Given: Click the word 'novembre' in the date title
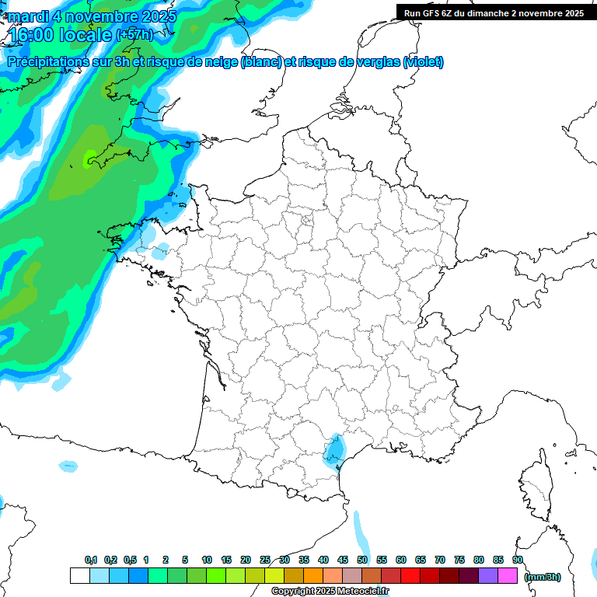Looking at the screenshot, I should pyautogui.click(x=92, y=16).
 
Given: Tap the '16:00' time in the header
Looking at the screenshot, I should pyautogui.click(x=36, y=34).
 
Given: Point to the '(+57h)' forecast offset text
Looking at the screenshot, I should pyautogui.click(x=134, y=34).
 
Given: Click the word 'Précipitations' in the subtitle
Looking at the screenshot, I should pyautogui.click(x=51, y=62).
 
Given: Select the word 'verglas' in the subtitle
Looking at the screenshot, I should pyautogui.click(x=372, y=62).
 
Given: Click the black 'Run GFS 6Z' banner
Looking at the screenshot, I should pyautogui.click(x=494, y=12).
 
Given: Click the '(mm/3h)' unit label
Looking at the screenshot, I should pyautogui.click(x=543, y=576).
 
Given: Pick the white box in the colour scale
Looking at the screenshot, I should pyautogui.click(x=79, y=575).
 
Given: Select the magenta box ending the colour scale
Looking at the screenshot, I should pyautogui.click(x=507, y=575).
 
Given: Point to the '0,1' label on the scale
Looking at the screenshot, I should pyautogui.click(x=91, y=560).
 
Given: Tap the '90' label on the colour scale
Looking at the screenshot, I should pyautogui.click(x=518, y=560).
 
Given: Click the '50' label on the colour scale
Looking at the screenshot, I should pyautogui.click(x=362, y=560).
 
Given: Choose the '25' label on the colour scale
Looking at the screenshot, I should pyautogui.click(x=265, y=560).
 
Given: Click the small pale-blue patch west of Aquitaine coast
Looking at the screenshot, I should pyautogui.click(x=68, y=466).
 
